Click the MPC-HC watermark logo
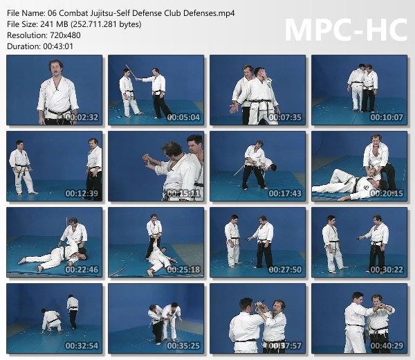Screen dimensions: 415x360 (347, 30)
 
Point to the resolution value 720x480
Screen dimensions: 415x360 (65, 35)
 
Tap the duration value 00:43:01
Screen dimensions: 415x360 (58, 46)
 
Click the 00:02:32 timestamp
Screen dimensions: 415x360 (82, 118)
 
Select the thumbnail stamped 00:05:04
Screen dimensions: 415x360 (156, 90)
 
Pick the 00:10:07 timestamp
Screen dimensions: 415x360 (387, 118)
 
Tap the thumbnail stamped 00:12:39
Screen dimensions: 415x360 (54, 166)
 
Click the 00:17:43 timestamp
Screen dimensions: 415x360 (285, 193)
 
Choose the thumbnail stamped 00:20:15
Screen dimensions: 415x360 (359, 166)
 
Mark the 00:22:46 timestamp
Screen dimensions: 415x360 (82, 270)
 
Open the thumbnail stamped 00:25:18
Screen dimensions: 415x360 (156, 242)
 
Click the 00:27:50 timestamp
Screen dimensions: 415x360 (285, 270)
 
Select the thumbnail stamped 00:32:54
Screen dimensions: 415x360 (54, 318)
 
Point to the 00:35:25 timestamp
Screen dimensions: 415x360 (183, 345)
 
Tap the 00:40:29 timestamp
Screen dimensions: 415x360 (387, 345)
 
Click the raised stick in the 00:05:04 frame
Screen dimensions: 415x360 (131, 71)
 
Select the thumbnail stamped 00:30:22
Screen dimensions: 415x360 (359, 242)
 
